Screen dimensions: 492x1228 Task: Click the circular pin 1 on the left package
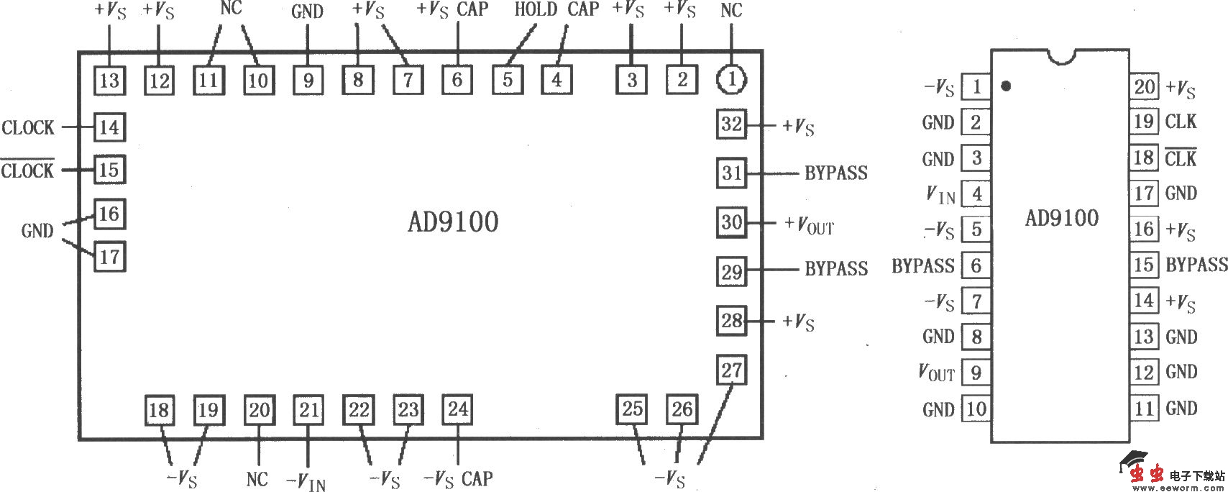pos(731,80)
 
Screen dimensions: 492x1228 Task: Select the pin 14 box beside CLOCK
pos(109,128)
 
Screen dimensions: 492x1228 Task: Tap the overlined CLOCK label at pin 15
pos(27,170)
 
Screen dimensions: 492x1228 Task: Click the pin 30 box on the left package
pos(731,222)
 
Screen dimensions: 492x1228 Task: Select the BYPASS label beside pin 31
pos(835,173)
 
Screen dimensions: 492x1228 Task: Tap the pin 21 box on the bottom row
pos(308,410)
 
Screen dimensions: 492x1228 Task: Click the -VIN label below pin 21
pos(306,480)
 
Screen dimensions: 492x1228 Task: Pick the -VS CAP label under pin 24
pos(458,479)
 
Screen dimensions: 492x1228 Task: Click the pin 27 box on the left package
pos(731,370)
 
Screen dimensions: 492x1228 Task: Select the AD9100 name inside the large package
pos(453,222)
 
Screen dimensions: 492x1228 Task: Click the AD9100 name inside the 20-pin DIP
pos(1061,218)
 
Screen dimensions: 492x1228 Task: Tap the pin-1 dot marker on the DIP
pos(1006,86)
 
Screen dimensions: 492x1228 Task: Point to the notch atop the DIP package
pos(1060,56)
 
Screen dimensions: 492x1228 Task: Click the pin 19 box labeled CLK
pos(1144,122)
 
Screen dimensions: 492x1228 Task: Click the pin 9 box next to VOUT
pos(976,373)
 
